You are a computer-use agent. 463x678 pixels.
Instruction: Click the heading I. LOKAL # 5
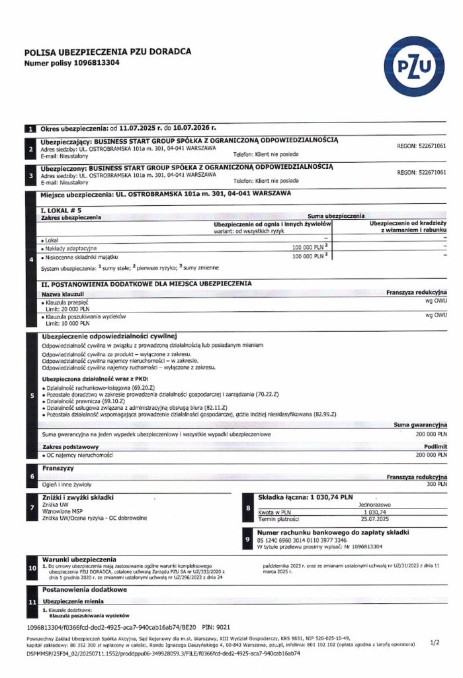(x=63, y=210)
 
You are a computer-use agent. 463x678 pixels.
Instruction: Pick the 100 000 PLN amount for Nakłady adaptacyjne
(x=308, y=246)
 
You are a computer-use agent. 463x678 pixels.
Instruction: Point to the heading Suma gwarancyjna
(x=420, y=424)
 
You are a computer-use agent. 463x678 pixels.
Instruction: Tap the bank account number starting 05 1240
(x=310, y=540)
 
